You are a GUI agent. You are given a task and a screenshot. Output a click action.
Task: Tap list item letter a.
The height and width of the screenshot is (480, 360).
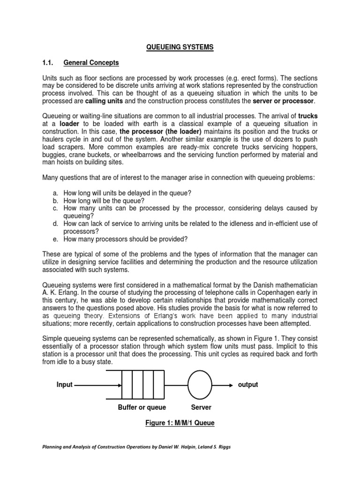pos(56,193)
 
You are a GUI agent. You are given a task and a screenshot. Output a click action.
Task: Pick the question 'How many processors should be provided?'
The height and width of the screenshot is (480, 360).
pos(126,239)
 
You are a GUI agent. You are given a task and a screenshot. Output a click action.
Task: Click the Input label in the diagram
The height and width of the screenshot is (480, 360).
pos(65,385)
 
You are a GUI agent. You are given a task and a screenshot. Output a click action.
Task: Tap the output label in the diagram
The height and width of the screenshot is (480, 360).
pos(247,385)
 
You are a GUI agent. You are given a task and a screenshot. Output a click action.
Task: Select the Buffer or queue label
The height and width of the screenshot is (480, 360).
pos(142,407)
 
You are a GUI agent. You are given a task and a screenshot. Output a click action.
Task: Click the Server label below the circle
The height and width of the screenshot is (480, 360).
pos(201,407)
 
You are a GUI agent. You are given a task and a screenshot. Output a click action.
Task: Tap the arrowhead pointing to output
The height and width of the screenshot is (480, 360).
pos(230,385)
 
